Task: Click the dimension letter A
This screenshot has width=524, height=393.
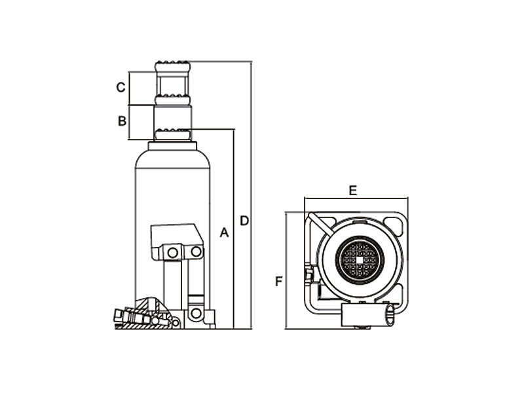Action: tap(224, 233)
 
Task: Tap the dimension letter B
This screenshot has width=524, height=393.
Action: tap(122, 121)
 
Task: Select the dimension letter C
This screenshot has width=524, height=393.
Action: tap(121, 87)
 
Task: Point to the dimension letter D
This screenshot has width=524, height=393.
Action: tap(244, 221)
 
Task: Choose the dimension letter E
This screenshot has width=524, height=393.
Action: tap(353, 191)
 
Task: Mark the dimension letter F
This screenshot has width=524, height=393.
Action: tap(279, 282)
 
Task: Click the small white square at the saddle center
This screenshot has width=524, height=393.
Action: tap(360, 259)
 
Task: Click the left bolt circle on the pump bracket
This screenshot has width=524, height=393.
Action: tap(172, 253)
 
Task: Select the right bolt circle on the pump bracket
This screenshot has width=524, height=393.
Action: tap(196, 252)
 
